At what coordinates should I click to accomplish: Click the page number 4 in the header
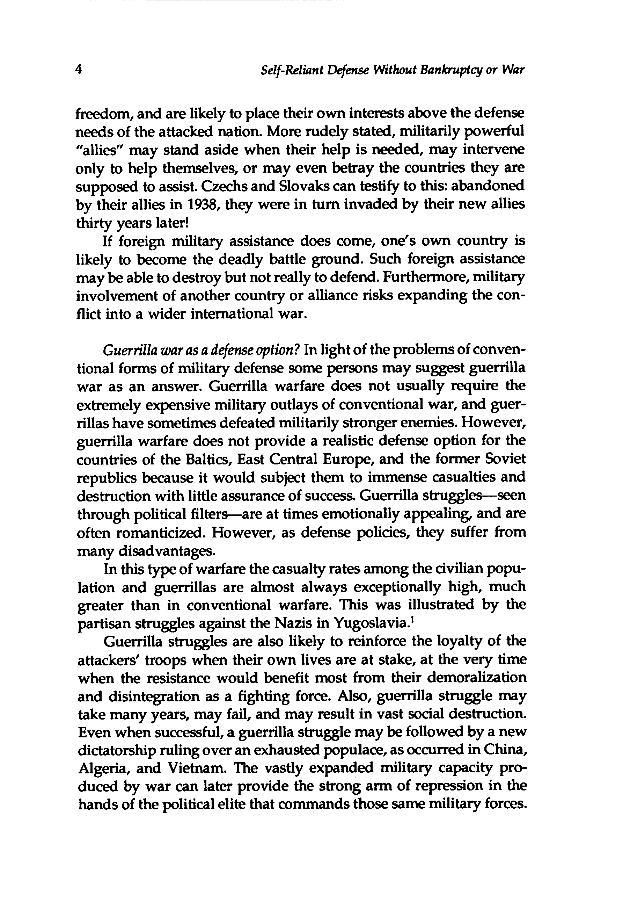pyautogui.click(x=79, y=70)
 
